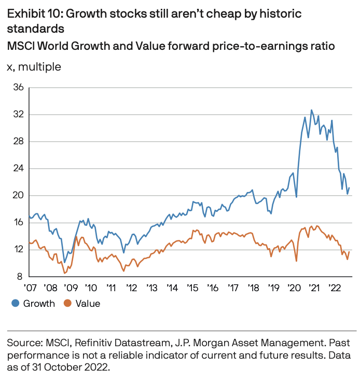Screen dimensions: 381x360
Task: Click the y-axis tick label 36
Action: pos(18,87)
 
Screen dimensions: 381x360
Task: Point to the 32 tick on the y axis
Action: pos(18,114)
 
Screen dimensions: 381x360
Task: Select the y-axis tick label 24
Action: pos(18,168)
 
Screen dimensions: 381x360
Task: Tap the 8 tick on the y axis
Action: pos(21,276)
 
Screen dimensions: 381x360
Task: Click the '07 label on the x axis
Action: pos(31,287)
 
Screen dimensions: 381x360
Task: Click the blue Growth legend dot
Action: pos(16,304)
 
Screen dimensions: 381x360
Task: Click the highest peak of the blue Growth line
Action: pos(312,110)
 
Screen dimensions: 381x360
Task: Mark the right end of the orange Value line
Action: pos(350,252)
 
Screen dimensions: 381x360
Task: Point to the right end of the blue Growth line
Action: pos(350,188)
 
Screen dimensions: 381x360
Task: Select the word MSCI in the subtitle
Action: pos(20,46)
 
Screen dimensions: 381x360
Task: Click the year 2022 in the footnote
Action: pos(100,366)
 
